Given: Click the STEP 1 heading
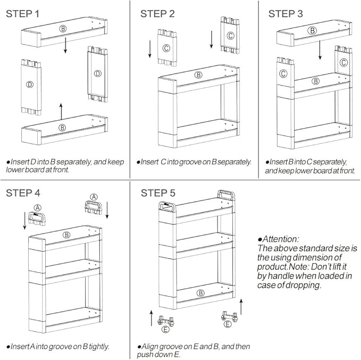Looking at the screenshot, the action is (x=22, y=14).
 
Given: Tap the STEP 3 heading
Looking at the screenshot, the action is (x=286, y=14).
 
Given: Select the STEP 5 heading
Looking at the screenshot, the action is (x=158, y=193).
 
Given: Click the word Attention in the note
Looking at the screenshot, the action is (x=280, y=239).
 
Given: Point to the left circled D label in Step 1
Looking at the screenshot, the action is (x=30, y=85).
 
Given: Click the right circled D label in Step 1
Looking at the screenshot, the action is (x=98, y=74).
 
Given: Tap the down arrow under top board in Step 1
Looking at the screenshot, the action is (x=65, y=45).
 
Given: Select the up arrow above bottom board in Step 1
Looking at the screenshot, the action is (x=61, y=111).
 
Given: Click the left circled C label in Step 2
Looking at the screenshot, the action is (x=166, y=48).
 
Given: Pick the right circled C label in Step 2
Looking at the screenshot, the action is (x=230, y=36).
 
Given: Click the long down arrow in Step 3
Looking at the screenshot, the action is (x=320, y=50).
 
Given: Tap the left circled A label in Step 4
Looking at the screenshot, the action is (x=38, y=208).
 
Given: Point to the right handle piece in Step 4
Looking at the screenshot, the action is (x=93, y=207).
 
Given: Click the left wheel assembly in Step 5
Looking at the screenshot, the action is (x=165, y=321).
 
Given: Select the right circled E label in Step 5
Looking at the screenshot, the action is (x=228, y=324).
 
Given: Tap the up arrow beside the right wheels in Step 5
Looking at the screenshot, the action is (x=241, y=307).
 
